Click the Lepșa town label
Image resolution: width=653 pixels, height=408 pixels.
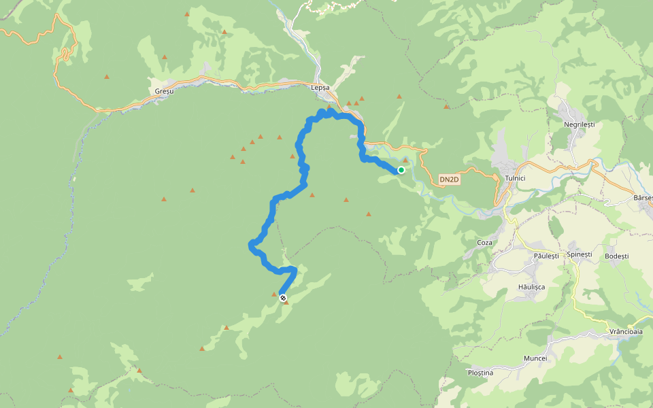(320, 88)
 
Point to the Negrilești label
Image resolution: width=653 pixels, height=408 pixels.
(579, 125)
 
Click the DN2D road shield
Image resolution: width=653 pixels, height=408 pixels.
(450, 180)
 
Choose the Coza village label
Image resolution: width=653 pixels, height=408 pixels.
(484, 242)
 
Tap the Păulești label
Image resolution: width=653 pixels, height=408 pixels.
(546, 256)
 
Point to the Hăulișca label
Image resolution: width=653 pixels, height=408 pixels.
(533, 287)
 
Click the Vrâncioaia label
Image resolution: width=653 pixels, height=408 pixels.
(626, 332)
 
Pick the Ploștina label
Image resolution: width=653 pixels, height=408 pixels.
(480, 373)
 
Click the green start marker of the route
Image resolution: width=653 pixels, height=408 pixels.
(401, 170)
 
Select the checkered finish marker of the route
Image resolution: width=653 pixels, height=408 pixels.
(282, 298)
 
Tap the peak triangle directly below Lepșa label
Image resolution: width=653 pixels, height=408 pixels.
(329, 106)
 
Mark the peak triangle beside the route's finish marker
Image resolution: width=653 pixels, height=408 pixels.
(286, 302)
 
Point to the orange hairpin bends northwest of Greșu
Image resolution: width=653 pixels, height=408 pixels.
(66, 54)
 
